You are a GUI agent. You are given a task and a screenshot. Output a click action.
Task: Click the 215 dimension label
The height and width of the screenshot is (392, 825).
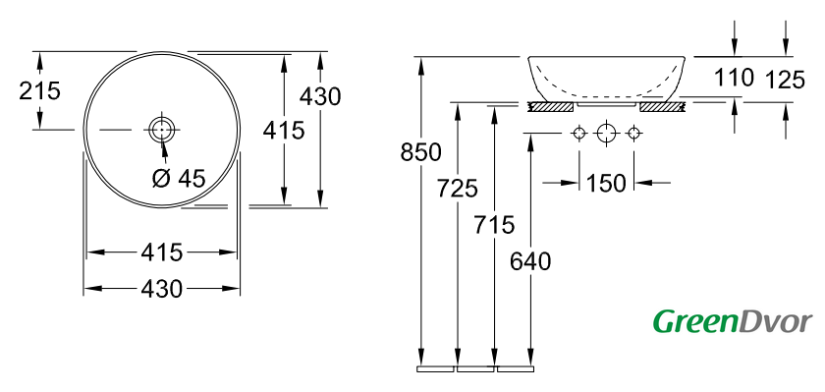pyautogui.click(x=39, y=90)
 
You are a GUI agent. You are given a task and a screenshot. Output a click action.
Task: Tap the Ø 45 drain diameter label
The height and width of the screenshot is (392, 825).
pyautogui.click(x=179, y=179)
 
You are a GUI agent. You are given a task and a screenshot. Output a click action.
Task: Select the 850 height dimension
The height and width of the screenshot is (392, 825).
pyautogui.click(x=420, y=152)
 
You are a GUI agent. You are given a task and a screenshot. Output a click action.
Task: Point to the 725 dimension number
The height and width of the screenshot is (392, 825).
pyautogui.click(x=458, y=189)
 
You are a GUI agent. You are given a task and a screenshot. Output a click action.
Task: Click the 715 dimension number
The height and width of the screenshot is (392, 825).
pyautogui.click(x=493, y=225)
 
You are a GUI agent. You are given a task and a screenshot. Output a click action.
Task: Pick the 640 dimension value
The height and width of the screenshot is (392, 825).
pyautogui.click(x=529, y=261)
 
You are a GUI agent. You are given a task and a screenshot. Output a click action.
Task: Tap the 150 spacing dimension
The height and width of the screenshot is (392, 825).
pyautogui.click(x=606, y=183)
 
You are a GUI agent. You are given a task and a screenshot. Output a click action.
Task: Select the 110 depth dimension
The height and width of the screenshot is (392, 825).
pyautogui.click(x=734, y=78)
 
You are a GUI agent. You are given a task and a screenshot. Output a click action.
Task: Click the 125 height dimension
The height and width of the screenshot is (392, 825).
pyautogui.click(x=785, y=80)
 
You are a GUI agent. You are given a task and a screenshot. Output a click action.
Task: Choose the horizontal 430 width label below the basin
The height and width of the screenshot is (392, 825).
pyautogui.click(x=161, y=289)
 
